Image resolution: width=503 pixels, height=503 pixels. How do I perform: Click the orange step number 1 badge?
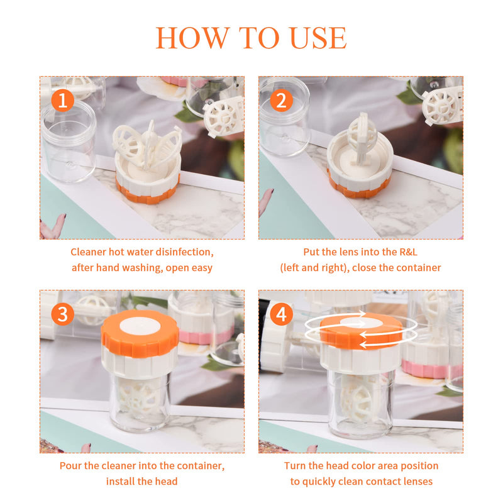(62, 99)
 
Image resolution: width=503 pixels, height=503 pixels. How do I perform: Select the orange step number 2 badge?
(281, 99)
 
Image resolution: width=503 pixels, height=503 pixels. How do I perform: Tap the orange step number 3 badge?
(62, 313)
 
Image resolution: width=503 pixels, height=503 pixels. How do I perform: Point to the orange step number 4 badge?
(281, 313)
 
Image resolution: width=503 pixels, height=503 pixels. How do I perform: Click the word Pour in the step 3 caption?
(71, 466)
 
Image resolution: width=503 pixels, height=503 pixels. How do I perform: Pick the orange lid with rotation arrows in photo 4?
(361, 332)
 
